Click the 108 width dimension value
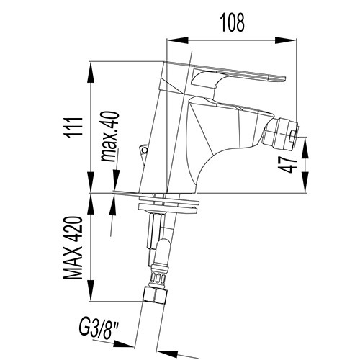tap(233, 22)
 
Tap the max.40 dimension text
tap(110, 136)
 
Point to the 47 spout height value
tap(288, 165)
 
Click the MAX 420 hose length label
tap(73, 248)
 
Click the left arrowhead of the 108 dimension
tap(177, 40)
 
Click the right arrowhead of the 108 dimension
tap(286, 40)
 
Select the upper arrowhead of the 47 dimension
tap(305, 148)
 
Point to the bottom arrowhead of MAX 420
tap(91, 290)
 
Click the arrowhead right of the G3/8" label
tap(123, 344)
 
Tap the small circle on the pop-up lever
tap(144, 150)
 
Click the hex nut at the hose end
tap(155, 296)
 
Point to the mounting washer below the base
tap(168, 204)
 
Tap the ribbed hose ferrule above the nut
tap(158, 276)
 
